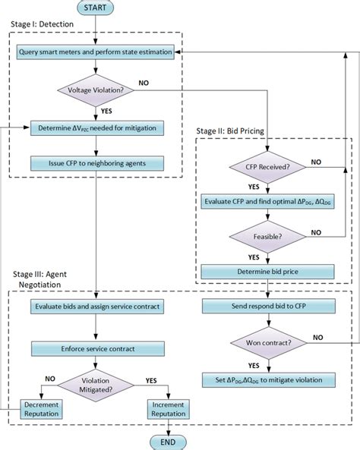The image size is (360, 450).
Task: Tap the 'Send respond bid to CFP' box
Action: pyautogui.click(x=267, y=307)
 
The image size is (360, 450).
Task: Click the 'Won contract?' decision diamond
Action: pyautogui.click(x=267, y=341)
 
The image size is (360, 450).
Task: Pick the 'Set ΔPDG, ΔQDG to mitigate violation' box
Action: pyautogui.click(x=267, y=379)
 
